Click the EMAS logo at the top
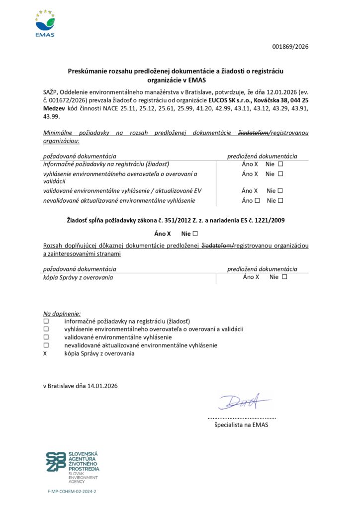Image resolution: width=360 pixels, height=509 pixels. pos(45,23)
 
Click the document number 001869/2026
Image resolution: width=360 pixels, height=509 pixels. pos(290,47)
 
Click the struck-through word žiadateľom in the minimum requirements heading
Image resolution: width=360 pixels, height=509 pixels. pos(253,133)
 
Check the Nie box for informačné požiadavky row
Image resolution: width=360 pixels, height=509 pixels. pos(280,164)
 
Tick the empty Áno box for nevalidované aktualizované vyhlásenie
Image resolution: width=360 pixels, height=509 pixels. pos(257,201)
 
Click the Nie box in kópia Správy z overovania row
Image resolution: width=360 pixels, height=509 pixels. pos(284,277)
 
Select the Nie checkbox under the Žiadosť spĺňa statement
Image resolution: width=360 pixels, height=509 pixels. pos(195,233)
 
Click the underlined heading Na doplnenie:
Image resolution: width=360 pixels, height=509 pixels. pos(62,314)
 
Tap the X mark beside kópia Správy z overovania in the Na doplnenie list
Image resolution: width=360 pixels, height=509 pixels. pos(45,353)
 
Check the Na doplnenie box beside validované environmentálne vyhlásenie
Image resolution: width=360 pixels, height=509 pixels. pos(46,337)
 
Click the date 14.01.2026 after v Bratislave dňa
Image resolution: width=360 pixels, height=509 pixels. pos(103,385)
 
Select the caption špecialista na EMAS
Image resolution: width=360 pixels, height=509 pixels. pos(241,425)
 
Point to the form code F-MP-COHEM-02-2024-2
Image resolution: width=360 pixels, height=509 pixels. pos(72,491)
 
